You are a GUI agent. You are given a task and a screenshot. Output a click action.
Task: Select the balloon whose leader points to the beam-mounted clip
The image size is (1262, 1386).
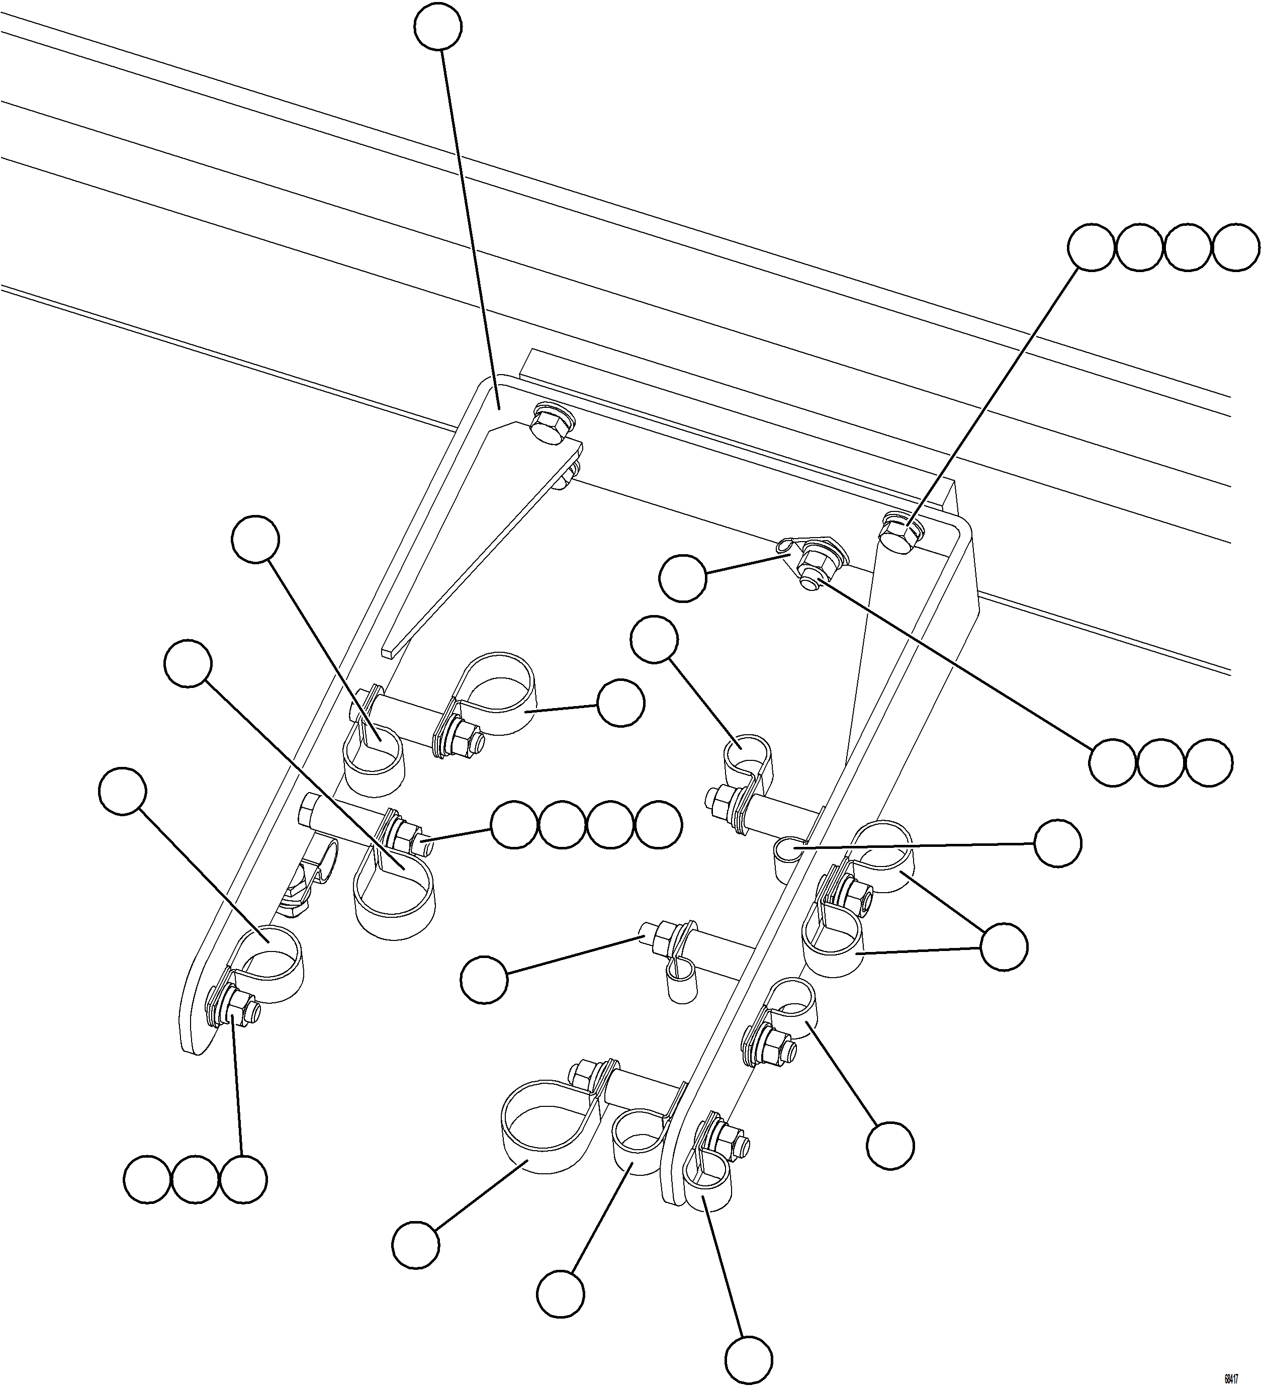coord(682,579)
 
